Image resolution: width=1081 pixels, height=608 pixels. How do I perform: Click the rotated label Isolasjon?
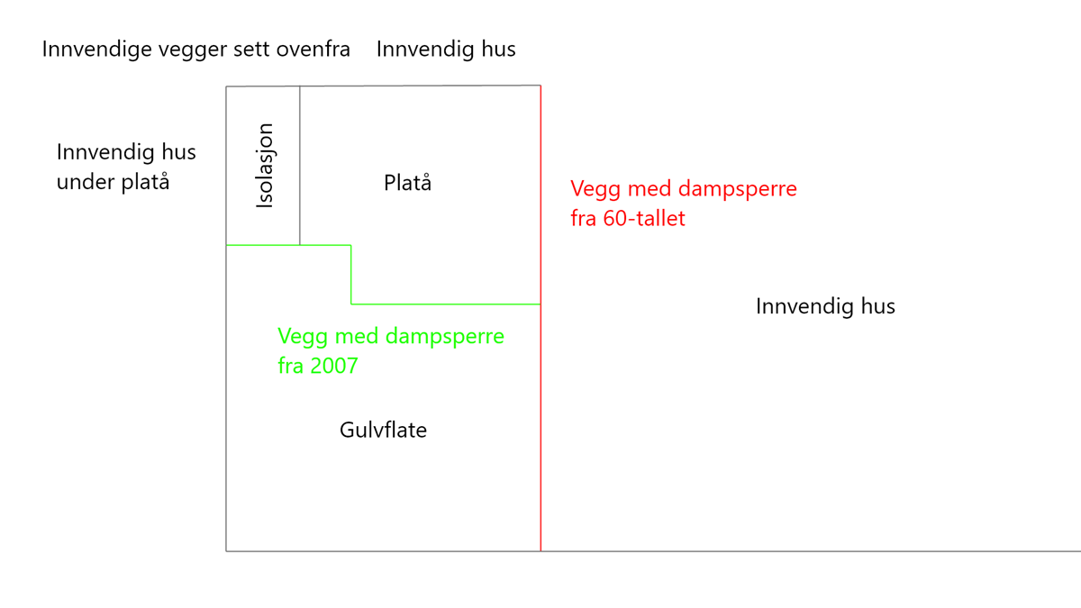265,166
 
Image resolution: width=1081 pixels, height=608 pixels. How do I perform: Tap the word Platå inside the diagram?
407,182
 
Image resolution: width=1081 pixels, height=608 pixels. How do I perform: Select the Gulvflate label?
383,430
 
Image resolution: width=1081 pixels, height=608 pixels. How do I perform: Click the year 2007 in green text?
334,366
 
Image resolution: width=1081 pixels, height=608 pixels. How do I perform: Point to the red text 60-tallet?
644,218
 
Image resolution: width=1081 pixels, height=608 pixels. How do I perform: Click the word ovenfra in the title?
313,50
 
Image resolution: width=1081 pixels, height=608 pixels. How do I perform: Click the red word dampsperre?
738,189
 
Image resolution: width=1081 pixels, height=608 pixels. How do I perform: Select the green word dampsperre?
445,337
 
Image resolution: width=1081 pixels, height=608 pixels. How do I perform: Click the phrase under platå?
113,182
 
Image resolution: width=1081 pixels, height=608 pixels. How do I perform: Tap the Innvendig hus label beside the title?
446,50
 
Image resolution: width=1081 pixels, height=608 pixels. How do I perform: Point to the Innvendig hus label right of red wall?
825,306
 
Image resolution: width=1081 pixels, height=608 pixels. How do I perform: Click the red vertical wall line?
540,319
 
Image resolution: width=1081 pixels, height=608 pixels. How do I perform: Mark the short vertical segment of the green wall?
350,275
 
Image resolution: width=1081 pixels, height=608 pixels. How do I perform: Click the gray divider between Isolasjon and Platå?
300,166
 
